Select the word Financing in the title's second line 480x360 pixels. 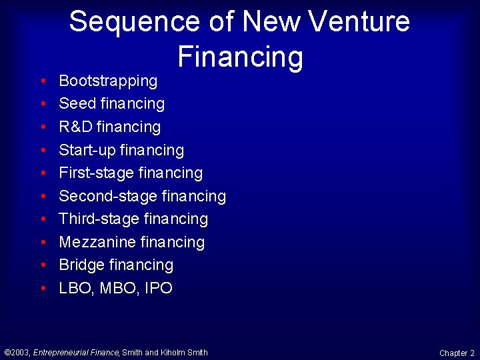(x=240, y=57)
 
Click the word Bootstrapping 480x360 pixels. (x=108, y=81)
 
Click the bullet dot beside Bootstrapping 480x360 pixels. (x=43, y=81)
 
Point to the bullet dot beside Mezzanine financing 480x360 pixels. (x=43, y=243)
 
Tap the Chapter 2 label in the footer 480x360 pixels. (x=457, y=353)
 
